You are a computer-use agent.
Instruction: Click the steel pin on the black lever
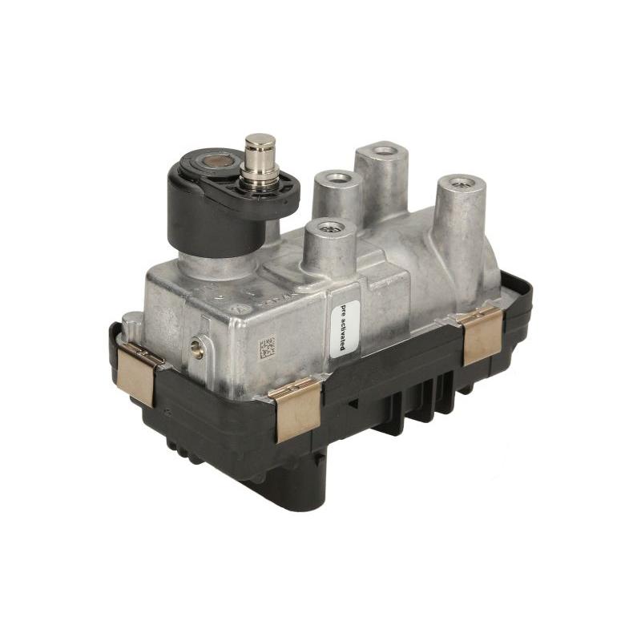[260, 152]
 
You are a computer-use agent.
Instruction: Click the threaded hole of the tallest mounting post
[385, 150]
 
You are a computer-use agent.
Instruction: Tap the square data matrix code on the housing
[267, 348]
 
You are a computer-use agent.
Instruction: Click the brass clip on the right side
[481, 333]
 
